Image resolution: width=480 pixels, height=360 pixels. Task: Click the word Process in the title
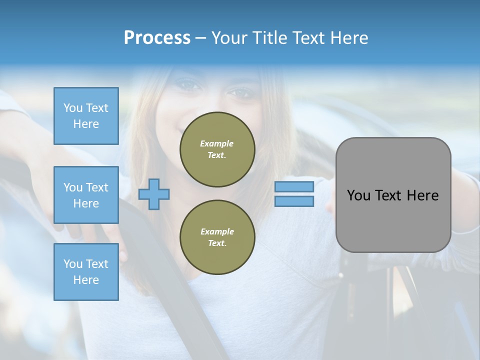157,38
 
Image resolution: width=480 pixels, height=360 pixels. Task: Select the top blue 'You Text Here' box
86,116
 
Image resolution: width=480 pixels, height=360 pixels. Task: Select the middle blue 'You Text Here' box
86,195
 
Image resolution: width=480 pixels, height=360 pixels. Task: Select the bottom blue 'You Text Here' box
86,272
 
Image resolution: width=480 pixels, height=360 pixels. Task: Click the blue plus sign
154,194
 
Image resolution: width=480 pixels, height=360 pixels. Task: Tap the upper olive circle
217,149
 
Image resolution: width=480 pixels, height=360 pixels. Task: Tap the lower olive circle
217,237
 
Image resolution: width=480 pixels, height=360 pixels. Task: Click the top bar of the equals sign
294,187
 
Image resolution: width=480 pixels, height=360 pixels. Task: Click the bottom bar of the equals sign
294,201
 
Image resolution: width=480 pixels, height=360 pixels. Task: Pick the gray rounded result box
393,195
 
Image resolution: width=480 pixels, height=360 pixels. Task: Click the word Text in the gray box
388,195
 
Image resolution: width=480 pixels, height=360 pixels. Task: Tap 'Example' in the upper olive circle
217,143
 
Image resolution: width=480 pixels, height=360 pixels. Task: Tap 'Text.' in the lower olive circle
217,243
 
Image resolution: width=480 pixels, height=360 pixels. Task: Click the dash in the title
200,38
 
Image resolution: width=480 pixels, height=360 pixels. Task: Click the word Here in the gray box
422,195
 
